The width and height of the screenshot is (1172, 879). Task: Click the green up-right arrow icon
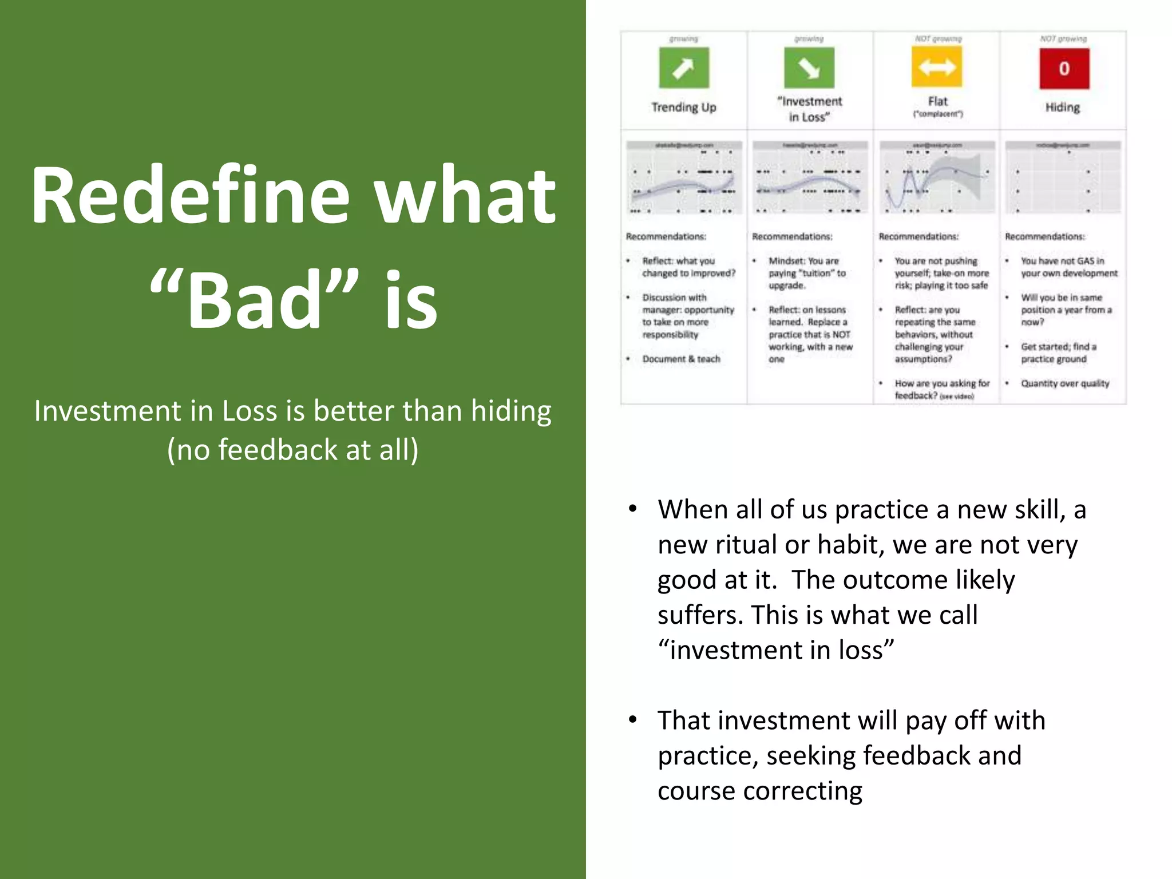click(683, 68)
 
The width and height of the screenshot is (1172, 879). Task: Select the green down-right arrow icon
click(809, 68)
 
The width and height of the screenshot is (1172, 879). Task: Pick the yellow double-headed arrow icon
click(937, 68)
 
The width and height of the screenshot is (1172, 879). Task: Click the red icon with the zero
click(1064, 68)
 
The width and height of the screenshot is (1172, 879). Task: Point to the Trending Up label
click(683, 108)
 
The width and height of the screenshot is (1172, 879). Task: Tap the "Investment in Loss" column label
click(809, 109)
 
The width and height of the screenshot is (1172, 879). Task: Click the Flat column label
click(937, 102)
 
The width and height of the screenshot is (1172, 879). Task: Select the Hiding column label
click(1062, 108)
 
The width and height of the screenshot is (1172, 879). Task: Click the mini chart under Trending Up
click(684, 178)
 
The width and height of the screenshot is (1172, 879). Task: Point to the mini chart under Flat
click(937, 178)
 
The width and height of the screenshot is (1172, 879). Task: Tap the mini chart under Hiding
click(1063, 178)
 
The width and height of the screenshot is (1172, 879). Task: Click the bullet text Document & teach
click(681, 359)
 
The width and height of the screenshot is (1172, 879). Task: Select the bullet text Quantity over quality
click(1064, 383)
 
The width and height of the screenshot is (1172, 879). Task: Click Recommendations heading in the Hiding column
click(1044, 236)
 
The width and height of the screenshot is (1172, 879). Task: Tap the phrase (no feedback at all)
click(292, 450)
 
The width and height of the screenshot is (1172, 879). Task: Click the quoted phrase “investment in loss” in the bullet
click(775, 650)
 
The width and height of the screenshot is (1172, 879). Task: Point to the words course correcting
click(759, 791)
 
